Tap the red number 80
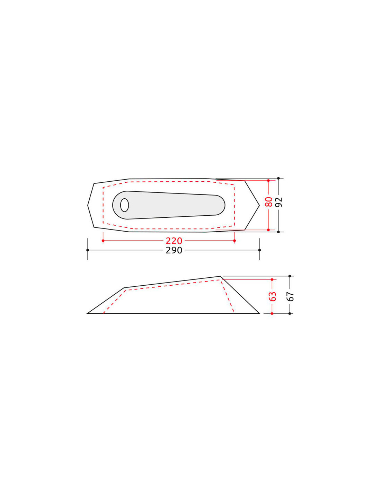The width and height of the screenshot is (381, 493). (x=268, y=202)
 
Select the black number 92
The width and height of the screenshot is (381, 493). (x=279, y=202)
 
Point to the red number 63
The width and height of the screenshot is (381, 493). (x=273, y=296)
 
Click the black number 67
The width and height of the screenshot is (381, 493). (x=290, y=296)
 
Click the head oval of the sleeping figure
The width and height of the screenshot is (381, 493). (x=124, y=205)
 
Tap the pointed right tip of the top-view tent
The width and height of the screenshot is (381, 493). (x=259, y=205)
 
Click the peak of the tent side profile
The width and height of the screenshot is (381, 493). (x=220, y=276)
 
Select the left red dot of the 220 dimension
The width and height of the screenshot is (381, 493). (x=103, y=241)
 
